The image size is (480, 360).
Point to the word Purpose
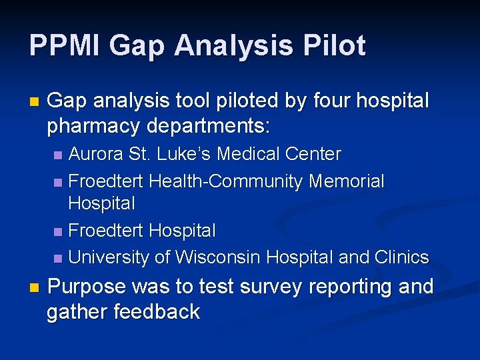pos(87,287)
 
